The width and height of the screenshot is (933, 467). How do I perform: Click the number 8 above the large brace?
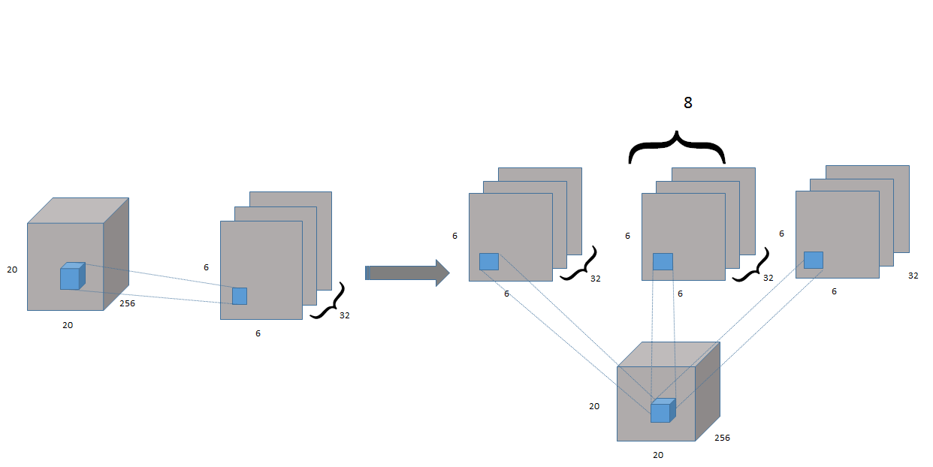(687, 104)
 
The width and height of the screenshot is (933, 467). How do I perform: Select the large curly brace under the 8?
(677, 147)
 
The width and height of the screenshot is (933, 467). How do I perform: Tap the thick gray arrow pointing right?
(407, 272)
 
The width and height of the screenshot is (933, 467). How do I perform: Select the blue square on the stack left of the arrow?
(240, 296)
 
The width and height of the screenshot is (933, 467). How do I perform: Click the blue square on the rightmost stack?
(814, 260)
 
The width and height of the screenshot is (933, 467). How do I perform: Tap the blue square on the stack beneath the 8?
(663, 261)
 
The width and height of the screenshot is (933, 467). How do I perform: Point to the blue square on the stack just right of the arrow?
(489, 261)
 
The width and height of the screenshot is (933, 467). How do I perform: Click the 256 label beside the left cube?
(127, 305)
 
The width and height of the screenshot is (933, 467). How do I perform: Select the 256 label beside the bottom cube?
(722, 438)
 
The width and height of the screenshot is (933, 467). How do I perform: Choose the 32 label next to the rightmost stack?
(913, 276)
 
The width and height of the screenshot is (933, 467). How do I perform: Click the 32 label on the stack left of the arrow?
(344, 315)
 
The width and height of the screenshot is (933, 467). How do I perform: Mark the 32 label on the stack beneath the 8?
(768, 278)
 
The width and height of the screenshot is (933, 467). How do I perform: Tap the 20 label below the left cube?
(68, 325)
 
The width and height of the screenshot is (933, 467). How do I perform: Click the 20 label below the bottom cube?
(658, 455)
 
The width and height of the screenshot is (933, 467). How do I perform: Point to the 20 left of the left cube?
(12, 269)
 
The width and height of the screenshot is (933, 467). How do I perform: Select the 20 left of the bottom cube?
(594, 406)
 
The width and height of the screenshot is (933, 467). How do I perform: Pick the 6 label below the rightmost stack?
(834, 291)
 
